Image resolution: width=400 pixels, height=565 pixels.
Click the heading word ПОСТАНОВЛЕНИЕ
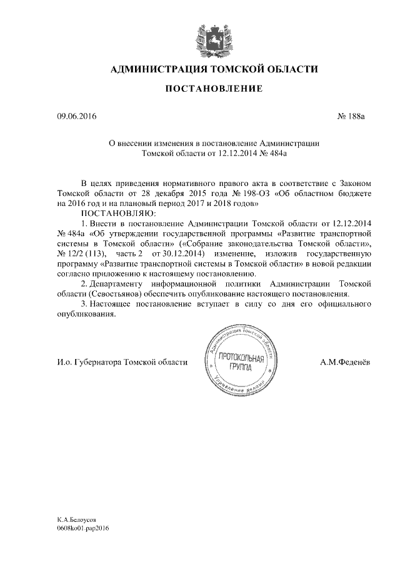(x=214, y=90)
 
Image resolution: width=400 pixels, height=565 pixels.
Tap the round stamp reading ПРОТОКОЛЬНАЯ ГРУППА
(x=239, y=363)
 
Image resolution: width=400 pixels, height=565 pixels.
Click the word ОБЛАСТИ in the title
(x=291, y=69)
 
